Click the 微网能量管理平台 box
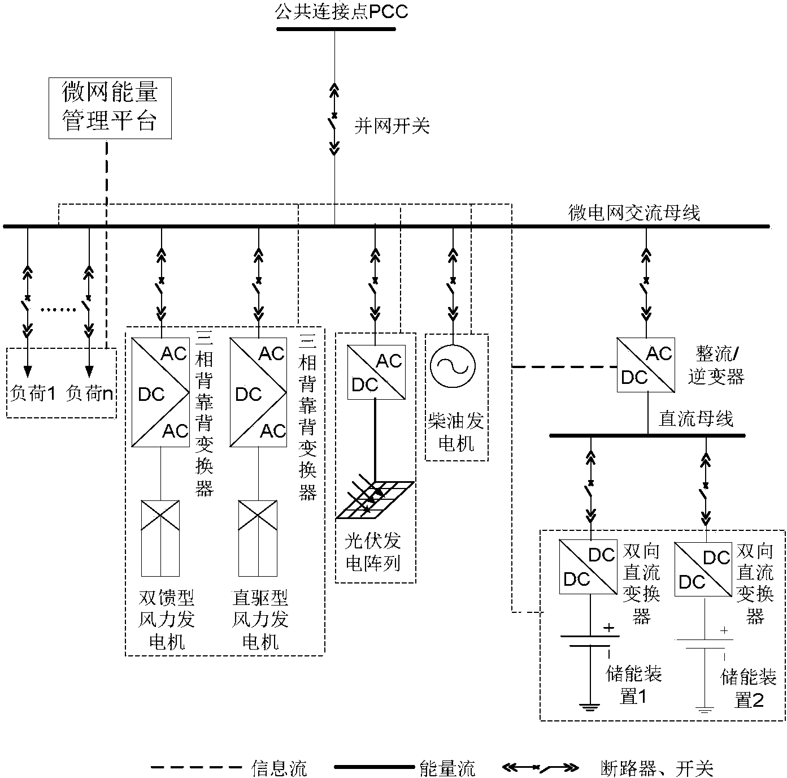110,108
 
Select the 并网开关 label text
392,126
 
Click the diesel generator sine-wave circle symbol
450,366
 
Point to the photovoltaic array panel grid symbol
375,500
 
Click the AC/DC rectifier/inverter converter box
645,365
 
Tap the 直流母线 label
696,419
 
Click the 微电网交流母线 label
633,213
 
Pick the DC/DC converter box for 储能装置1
588,567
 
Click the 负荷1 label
32,393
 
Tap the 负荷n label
89,393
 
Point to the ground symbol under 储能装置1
590,706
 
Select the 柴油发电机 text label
456,433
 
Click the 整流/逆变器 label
716,366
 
